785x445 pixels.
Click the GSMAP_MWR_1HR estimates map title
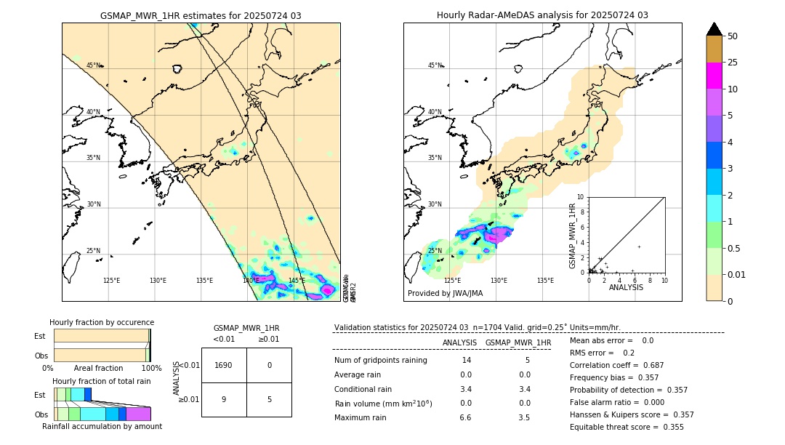tap(201, 15)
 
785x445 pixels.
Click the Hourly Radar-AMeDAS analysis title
tap(542, 15)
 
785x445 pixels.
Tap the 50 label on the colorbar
tap(733, 36)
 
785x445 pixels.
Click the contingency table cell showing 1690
tap(224, 365)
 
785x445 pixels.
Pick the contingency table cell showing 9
tap(224, 399)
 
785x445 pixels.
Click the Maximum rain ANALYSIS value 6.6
tap(466, 417)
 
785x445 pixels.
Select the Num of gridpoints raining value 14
tap(466, 360)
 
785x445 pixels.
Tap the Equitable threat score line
tap(627, 427)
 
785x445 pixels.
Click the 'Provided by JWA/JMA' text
tap(445, 294)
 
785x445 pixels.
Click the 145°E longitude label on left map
tap(297, 281)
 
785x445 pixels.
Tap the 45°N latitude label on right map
tap(435, 65)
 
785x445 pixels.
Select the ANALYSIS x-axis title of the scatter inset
tap(626, 287)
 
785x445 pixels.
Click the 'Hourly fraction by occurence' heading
tap(102, 322)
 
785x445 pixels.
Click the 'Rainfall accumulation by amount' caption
tap(102, 426)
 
